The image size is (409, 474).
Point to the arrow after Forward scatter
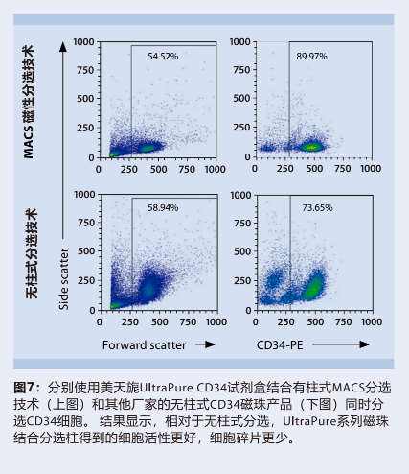point(202,343)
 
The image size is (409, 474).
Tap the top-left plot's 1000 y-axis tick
point(84,43)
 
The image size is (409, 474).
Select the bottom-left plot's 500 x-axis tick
point(159,320)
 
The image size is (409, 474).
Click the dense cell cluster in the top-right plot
point(311,147)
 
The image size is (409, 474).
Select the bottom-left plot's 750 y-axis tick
point(88,224)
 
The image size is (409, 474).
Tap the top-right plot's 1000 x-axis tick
point(372,168)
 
